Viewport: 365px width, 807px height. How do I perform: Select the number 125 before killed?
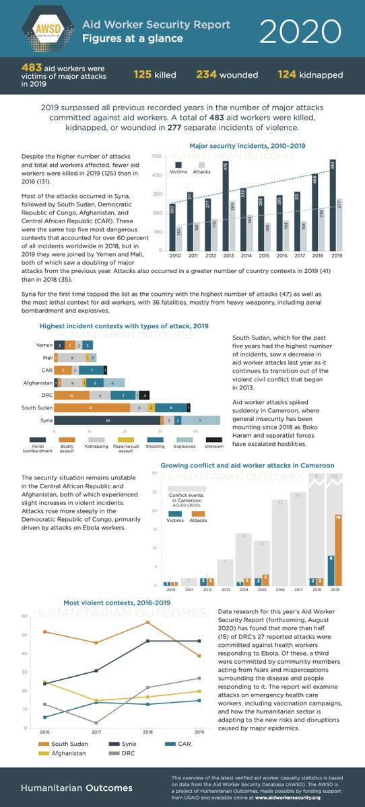(x=143, y=75)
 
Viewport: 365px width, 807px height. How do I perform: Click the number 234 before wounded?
(x=207, y=75)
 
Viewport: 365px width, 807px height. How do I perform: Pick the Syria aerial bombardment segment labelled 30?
(x=107, y=420)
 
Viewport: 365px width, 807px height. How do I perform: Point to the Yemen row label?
(x=43, y=344)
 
